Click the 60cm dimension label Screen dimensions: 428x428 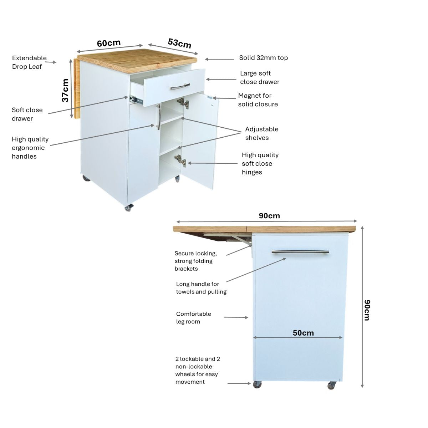(x=109, y=43)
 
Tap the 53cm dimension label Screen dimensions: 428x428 (x=179, y=43)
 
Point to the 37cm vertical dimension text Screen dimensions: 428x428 (x=65, y=90)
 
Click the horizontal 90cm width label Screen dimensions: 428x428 (x=269, y=216)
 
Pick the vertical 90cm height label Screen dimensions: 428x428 (x=367, y=310)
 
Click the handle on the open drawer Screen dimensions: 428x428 (x=180, y=87)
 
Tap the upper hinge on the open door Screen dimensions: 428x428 (x=183, y=103)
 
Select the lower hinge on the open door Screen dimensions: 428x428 (x=180, y=161)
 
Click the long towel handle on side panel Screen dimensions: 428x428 (x=300, y=251)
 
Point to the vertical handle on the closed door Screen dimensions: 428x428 (x=159, y=117)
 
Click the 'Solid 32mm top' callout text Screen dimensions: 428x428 (x=264, y=58)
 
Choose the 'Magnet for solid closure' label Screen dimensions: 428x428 (x=258, y=100)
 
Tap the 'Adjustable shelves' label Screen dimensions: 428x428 (x=262, y=133)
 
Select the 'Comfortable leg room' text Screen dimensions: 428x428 (x=193, y=318)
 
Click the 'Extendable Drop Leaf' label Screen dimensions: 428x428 (x=29, y=62)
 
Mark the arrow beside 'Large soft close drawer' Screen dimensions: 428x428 (x=221, y=79)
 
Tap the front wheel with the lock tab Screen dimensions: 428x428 (x=129, y=208)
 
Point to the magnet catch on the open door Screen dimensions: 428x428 (x=210, y=97)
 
